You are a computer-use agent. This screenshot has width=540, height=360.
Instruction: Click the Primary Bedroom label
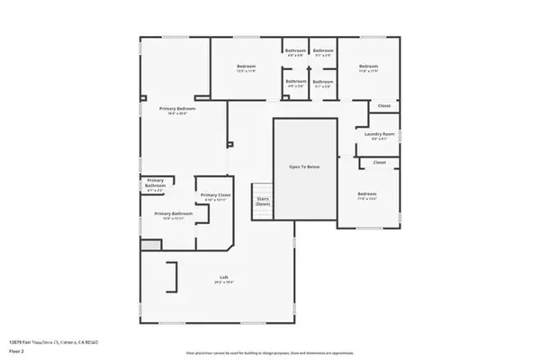point(178,108)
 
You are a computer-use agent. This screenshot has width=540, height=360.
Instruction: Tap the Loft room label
point(223,276)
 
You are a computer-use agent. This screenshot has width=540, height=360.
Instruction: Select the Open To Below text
point(304,167)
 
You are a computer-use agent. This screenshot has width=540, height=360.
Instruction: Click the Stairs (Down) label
point(263,202)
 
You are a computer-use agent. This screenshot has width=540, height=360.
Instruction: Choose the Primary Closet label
point(215,195)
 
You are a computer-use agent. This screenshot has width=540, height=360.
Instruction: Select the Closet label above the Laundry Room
point(383,106)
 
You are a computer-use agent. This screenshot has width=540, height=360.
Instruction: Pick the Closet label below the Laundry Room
point(379,163)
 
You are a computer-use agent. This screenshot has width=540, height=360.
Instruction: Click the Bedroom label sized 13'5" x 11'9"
point(247,67)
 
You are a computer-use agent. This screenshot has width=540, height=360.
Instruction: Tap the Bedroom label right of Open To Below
point(366,194)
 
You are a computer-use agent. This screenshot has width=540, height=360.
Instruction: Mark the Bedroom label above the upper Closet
point(368,67)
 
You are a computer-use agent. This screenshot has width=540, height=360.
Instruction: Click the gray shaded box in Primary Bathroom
point(150,244)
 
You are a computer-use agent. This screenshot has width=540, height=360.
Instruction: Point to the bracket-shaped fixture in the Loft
point(171,276)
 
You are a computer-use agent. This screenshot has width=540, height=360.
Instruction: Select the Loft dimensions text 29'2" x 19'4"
point(223,283)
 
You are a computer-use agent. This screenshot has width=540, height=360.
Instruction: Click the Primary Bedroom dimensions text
point(178,114)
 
